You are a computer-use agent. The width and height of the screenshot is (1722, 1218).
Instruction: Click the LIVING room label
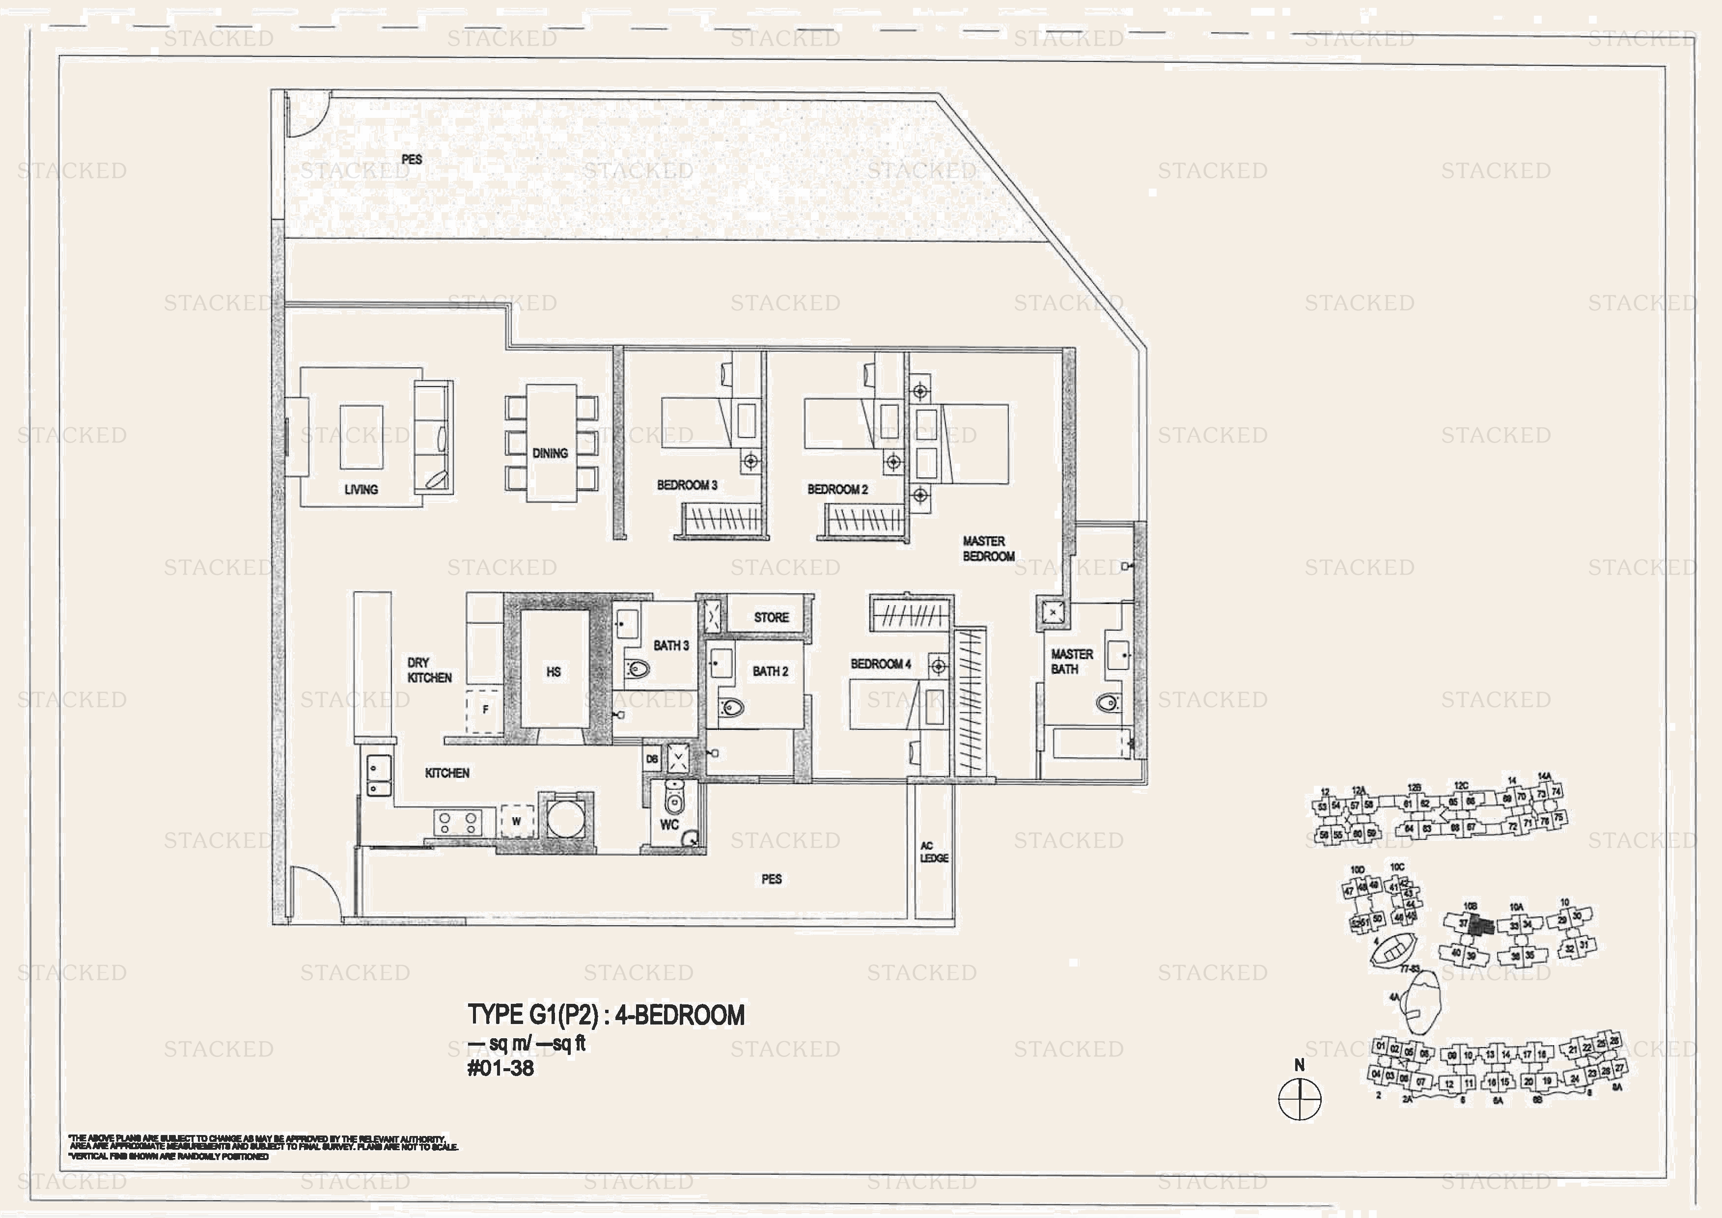[x=361, y=489]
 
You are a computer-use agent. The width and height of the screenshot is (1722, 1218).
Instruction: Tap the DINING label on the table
[x=550, y=453]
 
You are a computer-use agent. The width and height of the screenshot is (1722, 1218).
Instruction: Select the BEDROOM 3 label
[x=687, y=485]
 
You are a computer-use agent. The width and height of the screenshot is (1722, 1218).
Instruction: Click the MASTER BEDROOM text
[x=988, y=548]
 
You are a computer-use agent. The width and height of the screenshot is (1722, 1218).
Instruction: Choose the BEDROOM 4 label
[x=881, y=664]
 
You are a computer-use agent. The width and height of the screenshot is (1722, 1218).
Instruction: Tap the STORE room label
[x=771, y=617]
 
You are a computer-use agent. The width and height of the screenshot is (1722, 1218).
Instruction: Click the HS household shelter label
[x=554, y=672]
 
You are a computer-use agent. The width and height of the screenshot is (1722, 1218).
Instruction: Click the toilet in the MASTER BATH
[x=1108, y=703]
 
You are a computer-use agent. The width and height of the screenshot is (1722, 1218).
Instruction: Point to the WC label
[x=669, y=824]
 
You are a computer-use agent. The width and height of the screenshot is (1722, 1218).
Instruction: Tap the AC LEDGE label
[x=934, y=852]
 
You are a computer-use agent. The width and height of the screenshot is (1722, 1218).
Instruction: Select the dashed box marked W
[x=517, y=821]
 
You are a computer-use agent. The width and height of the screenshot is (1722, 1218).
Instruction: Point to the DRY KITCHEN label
[x=429, y=670]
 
